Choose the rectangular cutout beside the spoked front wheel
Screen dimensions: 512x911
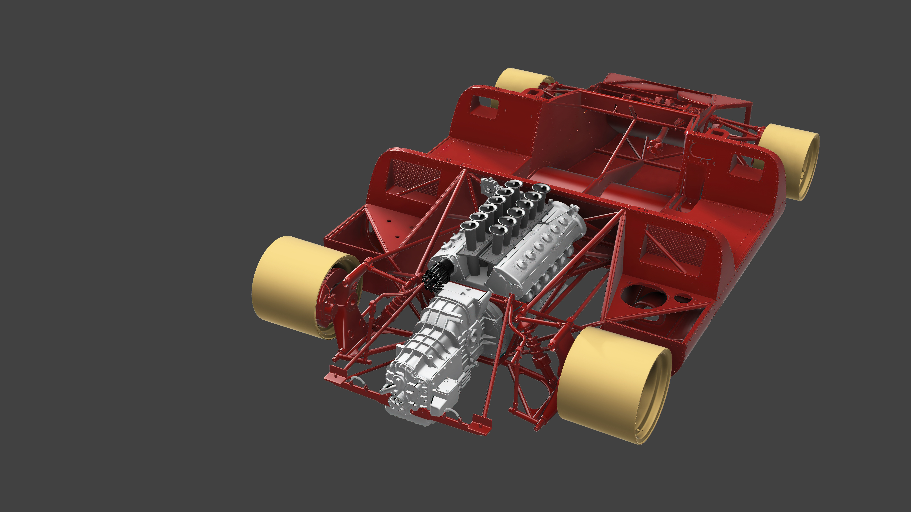tap(744, 166)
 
